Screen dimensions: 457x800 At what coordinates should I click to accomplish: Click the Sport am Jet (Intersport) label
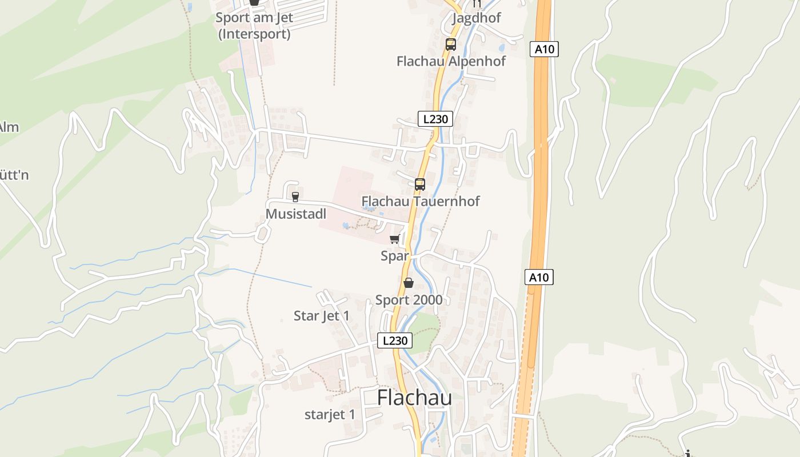point(254,26)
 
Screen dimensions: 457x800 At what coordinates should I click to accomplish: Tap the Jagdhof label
point(476,18)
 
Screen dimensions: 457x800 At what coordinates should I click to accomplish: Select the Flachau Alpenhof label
point(451,61)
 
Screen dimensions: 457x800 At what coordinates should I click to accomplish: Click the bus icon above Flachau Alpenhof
point(450,44)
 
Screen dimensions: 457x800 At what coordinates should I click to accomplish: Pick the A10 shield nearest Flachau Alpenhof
point(544,49)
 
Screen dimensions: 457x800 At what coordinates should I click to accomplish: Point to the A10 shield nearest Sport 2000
point(539,278)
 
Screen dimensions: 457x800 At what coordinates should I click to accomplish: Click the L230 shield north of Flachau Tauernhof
point(435,119)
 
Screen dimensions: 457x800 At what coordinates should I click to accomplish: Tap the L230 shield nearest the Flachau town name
point(395,340)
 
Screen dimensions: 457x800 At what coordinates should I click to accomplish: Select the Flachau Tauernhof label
point(421,201)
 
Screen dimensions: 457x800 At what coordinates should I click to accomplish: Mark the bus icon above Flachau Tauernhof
point(420,185)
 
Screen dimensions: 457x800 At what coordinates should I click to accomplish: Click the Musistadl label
point(296,214)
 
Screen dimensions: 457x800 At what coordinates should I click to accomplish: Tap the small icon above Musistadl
point(295,197)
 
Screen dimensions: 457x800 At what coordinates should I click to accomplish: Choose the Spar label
point(395,256)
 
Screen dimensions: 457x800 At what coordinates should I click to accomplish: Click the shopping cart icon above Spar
point(394,239)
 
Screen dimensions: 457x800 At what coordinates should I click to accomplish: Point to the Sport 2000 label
point(409,300)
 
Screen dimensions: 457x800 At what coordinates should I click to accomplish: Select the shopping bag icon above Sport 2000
point(409,283)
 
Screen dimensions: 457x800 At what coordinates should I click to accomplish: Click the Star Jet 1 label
point(321,316)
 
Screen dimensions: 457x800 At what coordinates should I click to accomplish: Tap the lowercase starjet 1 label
point(330,415)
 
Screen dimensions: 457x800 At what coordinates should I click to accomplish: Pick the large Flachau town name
point(414,398)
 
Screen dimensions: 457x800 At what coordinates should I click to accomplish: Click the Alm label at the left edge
point(9,127)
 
